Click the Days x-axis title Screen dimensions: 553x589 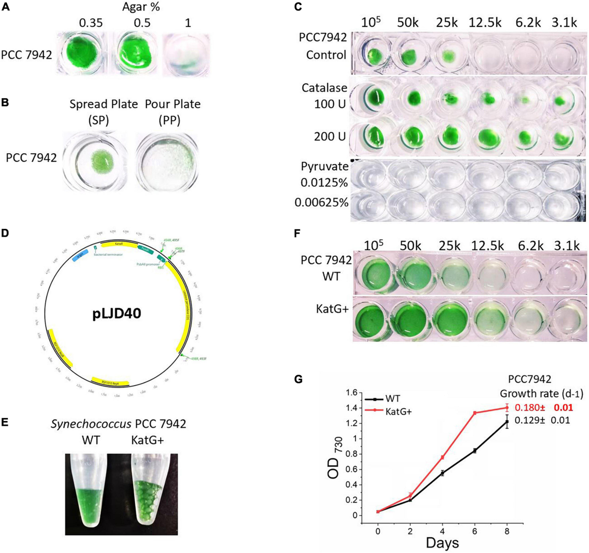[x=442, y=542]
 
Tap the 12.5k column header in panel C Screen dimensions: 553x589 [x=484, y=23]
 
